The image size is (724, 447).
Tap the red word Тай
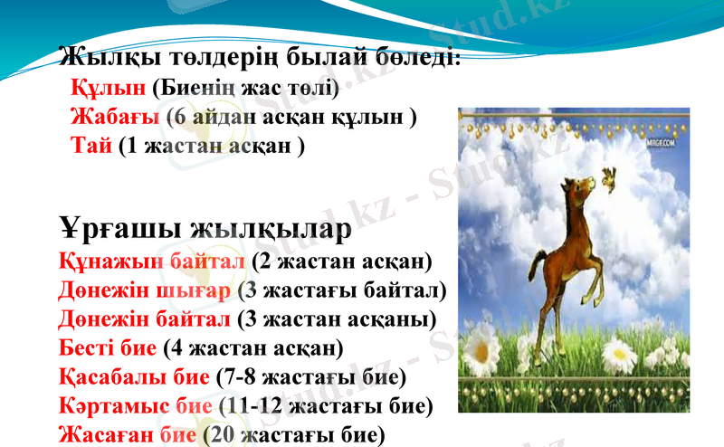click(x=91, y=146)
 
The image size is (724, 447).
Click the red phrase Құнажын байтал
click(x=151, y=262)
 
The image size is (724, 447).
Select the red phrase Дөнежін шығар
click(x=145, y=291)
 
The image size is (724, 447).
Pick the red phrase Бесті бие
click(x=109, y=348)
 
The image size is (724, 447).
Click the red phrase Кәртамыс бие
click(x=135, y=404)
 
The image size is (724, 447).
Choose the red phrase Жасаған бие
click(x=127, y=433)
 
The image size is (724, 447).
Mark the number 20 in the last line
click(x=225, y=433)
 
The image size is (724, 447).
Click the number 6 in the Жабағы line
click(x=181, y=118)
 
